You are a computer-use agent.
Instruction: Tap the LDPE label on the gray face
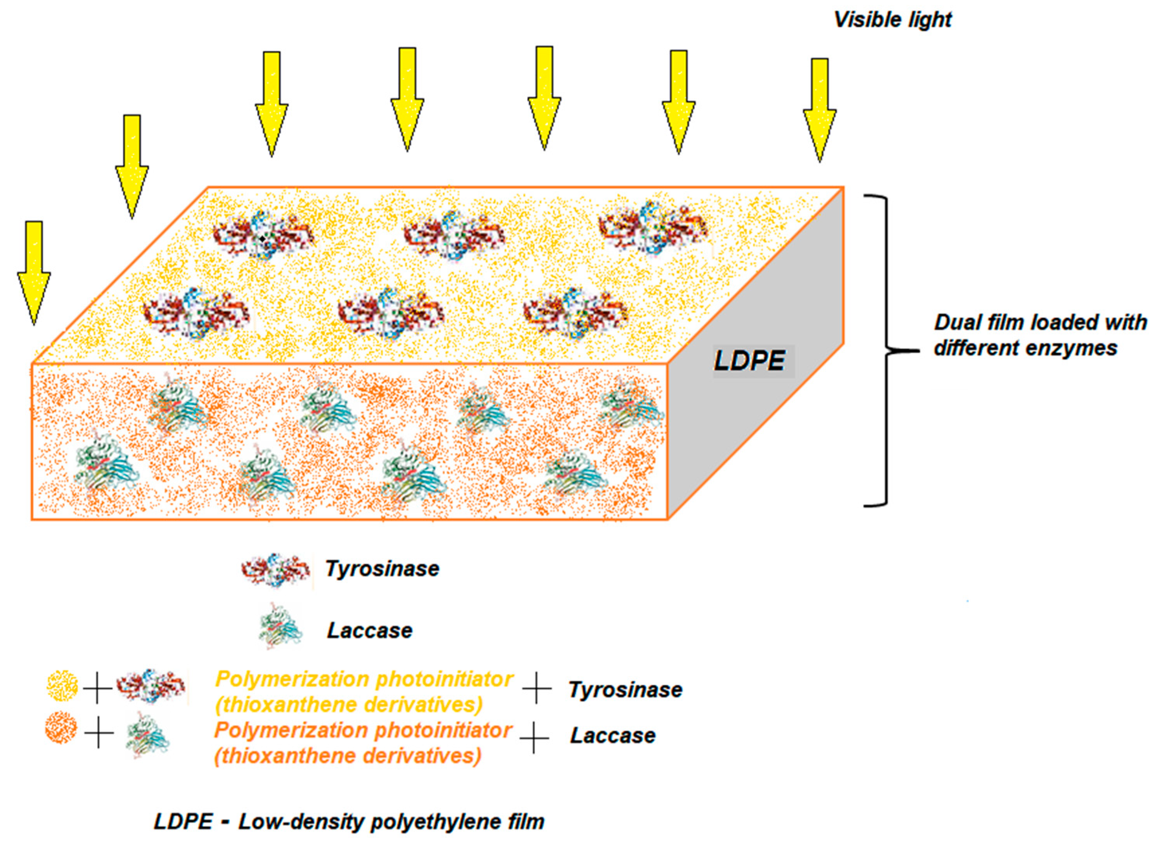coord(750,361)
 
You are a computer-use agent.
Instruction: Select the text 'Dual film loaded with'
coord(1040,322)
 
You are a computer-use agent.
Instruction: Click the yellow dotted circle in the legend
coord(62,686)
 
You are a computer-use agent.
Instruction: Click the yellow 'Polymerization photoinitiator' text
coord(364,679)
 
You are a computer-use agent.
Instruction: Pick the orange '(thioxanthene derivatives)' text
coord(348,756)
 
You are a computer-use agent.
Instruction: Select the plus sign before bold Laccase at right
coord(534,738)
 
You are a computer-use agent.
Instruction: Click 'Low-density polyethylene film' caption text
coord(391,822)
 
